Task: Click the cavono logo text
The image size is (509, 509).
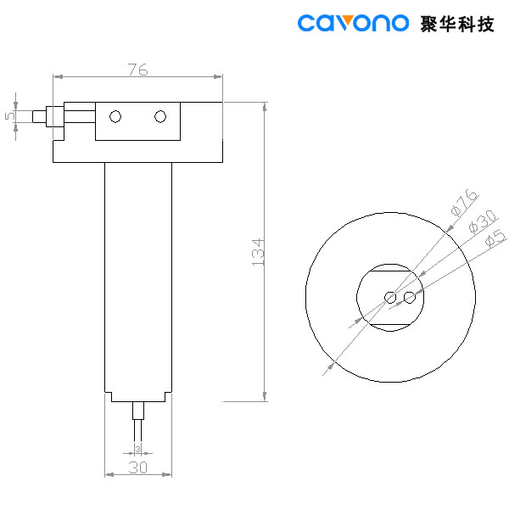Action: pos(353,23)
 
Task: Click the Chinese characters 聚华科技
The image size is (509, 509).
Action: pos(457,23)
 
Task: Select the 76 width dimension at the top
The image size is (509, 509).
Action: pos(137,70)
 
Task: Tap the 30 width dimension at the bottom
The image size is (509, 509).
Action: pos(137,467)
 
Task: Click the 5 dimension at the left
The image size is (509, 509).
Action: pos(9,115)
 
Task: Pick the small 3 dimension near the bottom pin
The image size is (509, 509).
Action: pos(137,448)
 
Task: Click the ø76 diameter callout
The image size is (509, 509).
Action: pos(461,204)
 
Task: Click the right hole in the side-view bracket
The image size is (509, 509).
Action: pos(160,116)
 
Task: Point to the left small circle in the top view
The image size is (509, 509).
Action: pos(389,297)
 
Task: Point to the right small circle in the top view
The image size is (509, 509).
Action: pos(410,297)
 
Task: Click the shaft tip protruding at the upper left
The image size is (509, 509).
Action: pos(36,115)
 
